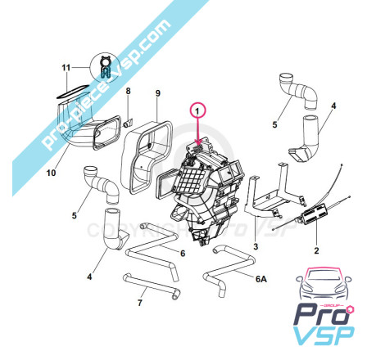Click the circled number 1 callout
point(198,111)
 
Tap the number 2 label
point(316,250)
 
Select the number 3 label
point(256,246)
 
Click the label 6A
point(261,279)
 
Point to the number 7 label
point(140,303)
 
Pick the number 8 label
point(128,91)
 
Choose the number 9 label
point(158,93)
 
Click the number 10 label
point(51,173)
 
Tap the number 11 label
point(66,67)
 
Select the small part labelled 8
point(128,123)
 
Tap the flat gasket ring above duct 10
point(73,92)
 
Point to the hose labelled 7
point(150,286)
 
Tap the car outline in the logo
point(324,284)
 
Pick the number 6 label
point(183,254)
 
